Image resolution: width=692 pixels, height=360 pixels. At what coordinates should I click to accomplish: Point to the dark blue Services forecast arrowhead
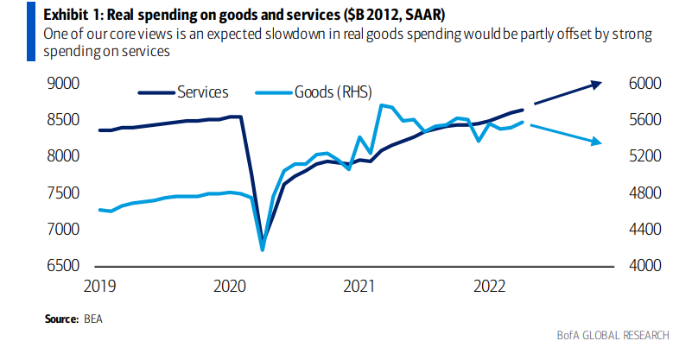point(597,83)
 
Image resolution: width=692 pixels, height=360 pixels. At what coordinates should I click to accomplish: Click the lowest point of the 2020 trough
point(262,249)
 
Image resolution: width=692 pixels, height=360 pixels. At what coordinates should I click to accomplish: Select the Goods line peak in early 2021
point(382,105)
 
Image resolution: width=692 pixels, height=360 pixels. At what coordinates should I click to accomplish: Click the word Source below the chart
point(61,319)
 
